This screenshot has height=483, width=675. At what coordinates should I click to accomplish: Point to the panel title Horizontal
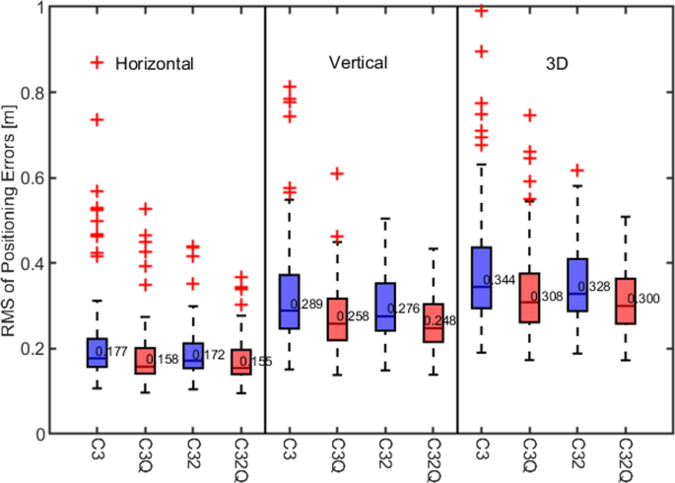click(x=154, y=63)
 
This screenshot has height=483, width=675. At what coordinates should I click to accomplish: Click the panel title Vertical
click(x=358, y=63)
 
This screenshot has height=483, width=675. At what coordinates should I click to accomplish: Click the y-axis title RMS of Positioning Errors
click(x=12, y=219)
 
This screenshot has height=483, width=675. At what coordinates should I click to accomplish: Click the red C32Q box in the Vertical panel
click(x=434, y=322)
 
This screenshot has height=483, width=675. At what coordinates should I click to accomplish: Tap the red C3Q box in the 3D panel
click(x=530, y=298)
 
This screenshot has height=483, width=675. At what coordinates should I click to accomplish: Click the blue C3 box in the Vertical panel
click(x=290, y=302)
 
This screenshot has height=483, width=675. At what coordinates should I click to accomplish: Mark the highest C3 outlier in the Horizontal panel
click(x=98, y=119)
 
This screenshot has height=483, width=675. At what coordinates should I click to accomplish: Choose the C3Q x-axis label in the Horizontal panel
click(x=146, y=456)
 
